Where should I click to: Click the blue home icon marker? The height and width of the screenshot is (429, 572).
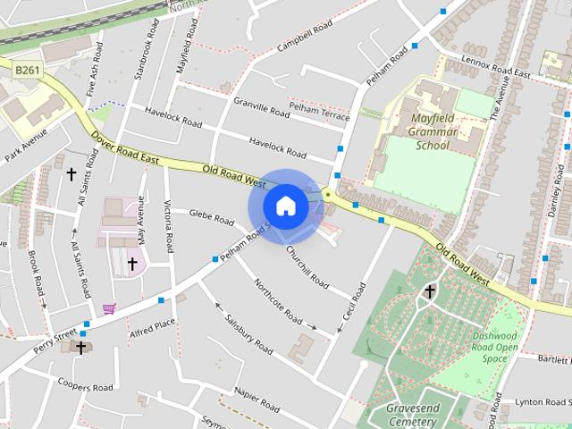coord(285,206)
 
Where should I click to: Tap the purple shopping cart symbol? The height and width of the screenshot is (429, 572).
coord(109,309)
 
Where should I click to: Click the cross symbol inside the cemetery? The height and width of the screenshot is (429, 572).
coord(429,291)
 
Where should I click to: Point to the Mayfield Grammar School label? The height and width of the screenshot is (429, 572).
coord(433,131)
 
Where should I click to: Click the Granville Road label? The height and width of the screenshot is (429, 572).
coord(261,108)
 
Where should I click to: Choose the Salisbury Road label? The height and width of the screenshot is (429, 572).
coord(248,332)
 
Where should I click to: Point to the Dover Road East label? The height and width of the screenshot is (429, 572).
coord(124,148)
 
